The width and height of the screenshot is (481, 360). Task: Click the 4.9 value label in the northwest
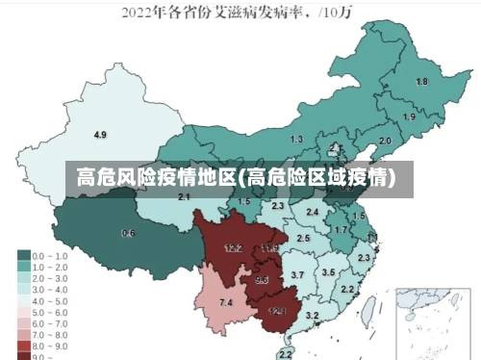point(100,134)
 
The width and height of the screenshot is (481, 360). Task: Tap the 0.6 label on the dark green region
point(128,234)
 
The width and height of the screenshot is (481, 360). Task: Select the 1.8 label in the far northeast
point(420,82)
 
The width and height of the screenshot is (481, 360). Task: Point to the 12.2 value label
point(233,248)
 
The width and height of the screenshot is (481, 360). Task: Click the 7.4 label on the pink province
point(226,302)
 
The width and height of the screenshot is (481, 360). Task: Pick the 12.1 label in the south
point(277,311)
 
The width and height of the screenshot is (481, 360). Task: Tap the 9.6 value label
point(262,280)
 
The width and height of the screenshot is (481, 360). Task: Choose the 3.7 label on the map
point(297,275)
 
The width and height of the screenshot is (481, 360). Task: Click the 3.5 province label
point(328,272)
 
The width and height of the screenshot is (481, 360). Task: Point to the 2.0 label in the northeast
point(385,141)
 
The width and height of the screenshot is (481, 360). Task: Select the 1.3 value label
point(296,140)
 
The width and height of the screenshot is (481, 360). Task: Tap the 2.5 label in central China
point(304,238)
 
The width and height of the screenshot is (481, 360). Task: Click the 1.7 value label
point(341,231)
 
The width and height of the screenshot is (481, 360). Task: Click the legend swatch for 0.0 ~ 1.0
point(23,256)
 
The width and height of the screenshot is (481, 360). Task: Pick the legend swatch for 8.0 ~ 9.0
point(23,344)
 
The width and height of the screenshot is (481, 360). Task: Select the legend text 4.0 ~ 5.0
point(51,300)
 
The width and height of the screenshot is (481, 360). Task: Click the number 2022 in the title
point(140,13)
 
